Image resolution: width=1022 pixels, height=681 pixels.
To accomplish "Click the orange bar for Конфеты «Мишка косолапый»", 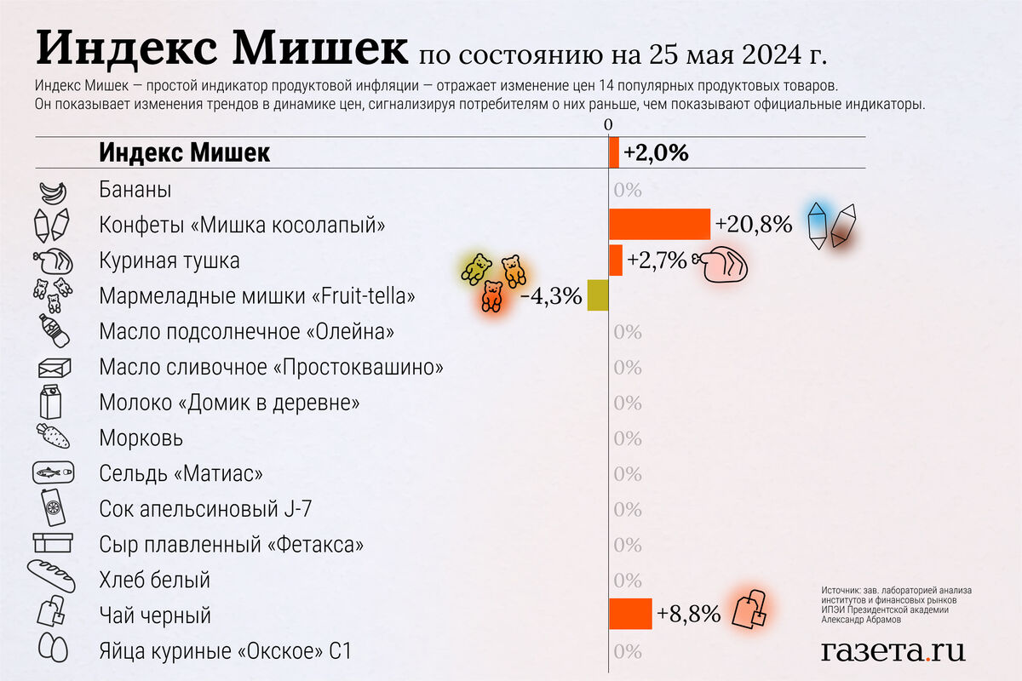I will pyautogui.click(x=659, y=224).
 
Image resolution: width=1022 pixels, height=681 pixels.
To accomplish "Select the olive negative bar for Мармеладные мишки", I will pyautogui.click(x=598, y=295).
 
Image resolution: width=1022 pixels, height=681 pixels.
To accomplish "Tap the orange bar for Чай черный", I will pyautogui.click(x=630, y=614).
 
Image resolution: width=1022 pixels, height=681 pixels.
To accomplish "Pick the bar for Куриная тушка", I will pyautogui.click(x=616, y=260).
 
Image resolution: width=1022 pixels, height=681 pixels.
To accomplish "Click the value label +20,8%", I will pyautogui.click(x=754, y=225).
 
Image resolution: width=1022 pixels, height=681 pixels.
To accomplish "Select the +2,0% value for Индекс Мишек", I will pyautogui.click(x=655, y=153).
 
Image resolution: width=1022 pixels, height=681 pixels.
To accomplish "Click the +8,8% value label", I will pyautogui.click(x=688, y=614).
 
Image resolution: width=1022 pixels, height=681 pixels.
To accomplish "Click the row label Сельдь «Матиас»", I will pyautogui.click(x=181, y=473).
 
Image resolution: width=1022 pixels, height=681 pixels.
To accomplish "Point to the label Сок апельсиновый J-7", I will pyautogui.click(x=205, y=509).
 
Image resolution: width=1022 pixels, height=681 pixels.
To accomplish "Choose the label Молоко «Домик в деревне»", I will pyautogui.click(x=229, y=402).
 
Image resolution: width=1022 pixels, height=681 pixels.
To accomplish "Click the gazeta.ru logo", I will pyautogui.click(x=893, y=650).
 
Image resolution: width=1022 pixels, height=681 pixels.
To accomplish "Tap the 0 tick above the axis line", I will pyautogui.click(x=608, y=125).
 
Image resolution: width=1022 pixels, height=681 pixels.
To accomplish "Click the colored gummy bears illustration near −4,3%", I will pyautogui.click(x=492, y=281).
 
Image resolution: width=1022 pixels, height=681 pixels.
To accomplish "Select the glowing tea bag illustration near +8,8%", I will pyautogui.click(x=750, y=609).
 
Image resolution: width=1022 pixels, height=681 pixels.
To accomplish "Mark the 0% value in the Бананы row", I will pyautogui.click(x=627, y=189).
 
